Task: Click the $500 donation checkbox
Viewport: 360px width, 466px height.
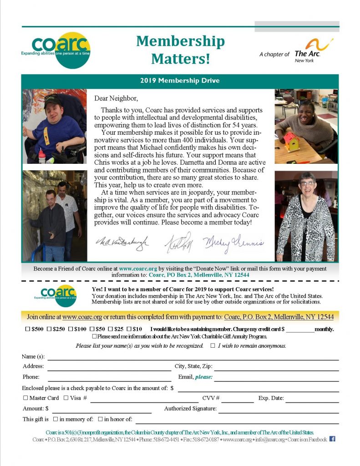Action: click(x=28, y=329)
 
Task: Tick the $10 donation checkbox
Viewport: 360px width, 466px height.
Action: click(x=129, y=329)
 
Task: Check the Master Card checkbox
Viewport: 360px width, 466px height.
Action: click(x=25, y=398)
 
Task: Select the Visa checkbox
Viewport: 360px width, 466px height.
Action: click(x=66, y=398)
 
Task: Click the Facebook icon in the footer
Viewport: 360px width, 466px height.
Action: click(x=332, y=439)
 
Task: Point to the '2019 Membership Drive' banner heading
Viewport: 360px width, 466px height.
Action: click(x=180, y=81)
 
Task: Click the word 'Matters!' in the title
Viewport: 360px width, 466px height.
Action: click(x=180, y=58)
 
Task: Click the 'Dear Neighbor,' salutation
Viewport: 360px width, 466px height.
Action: click(x=116, y=98)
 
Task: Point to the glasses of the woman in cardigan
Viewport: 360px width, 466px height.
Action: click(x=307, y=183)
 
